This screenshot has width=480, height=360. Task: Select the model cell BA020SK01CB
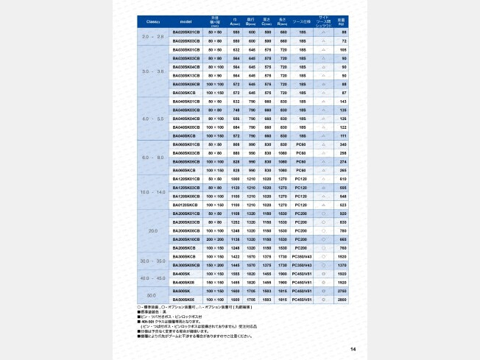pos(186,32)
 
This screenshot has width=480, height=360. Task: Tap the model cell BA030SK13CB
pos(186,75)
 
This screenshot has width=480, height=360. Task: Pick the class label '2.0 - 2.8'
pos(153,37)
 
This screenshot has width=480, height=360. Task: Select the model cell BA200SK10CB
pos(186,239)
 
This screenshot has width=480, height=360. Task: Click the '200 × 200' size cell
pos(216,239)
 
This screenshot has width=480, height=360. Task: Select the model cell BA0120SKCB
pos(186,205)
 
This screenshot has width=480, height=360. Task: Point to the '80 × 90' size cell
pos(216,75)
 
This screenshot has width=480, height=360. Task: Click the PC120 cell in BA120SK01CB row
pos(300,179)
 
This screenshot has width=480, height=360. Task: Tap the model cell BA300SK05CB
pos(186,265)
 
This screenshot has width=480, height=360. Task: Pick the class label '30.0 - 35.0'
pos(153,261)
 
